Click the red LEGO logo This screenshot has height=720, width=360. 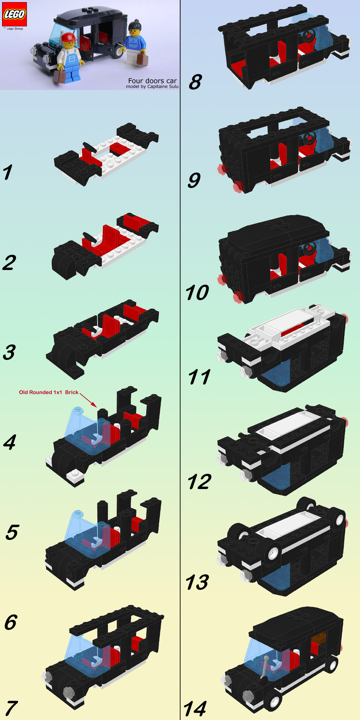tap(15, 14)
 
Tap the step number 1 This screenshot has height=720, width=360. tap(8, 172)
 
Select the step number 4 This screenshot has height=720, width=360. tap(10, 442)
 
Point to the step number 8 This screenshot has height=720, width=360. tap(195, 82)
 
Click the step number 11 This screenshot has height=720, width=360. tap(199, 377)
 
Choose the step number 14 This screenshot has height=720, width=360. tap(195, 708)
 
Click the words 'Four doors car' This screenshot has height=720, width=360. tap(152, 81)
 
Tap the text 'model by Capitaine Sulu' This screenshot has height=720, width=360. tap(152, 86)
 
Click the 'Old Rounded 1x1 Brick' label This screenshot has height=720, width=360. tap(49, 392)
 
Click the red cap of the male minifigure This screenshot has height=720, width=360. tap(69, 37)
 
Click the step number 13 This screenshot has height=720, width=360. tap(198, 583)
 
